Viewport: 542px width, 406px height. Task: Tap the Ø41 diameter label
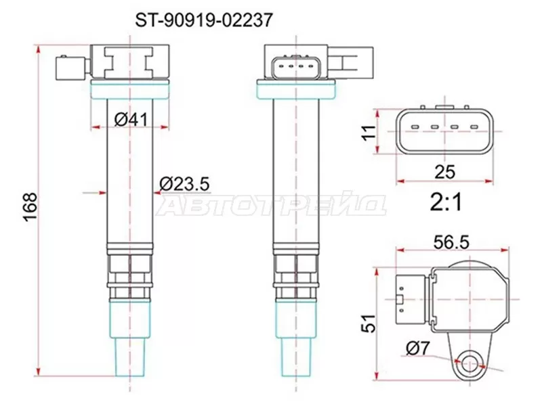point(131,120)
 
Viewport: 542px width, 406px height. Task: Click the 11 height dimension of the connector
point(369,131)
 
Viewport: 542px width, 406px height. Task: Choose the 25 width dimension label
point(444,172)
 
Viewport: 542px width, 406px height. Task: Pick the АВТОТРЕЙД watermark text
point(271,206)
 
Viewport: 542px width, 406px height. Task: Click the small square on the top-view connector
point(400,300)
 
